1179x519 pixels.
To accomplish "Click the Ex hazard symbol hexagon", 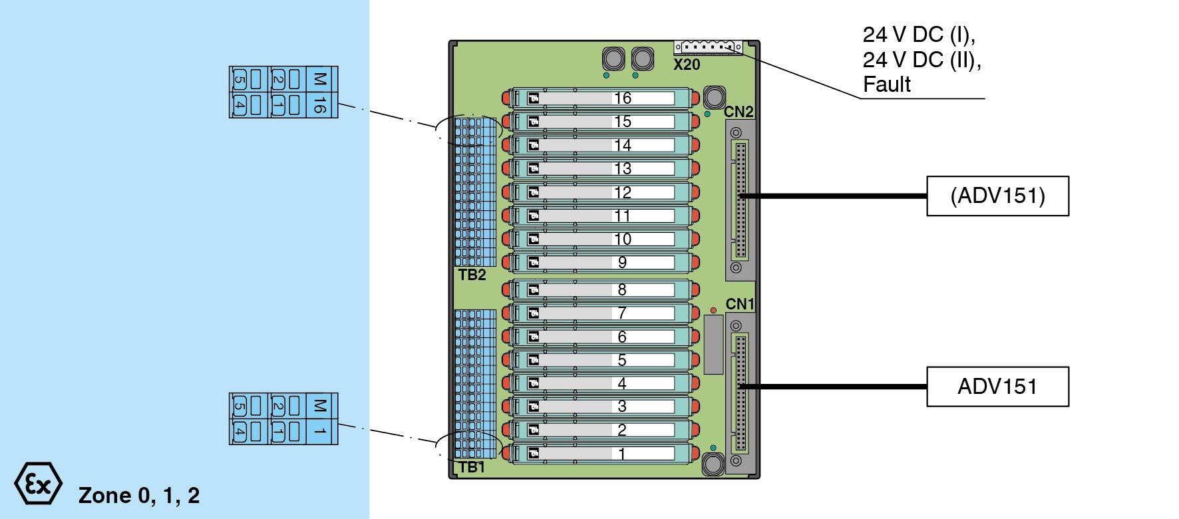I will (x=38, y=484).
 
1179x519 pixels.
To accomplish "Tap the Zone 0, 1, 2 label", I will (x=139, y=496).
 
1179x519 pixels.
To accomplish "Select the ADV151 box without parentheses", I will (x=997, y=387).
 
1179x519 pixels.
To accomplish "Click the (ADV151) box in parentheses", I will (x=997, y=196).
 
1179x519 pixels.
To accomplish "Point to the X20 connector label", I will (x=687, y=65).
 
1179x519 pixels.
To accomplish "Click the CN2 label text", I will (x=739, y=112).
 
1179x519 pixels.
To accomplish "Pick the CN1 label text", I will (x=740, y=304).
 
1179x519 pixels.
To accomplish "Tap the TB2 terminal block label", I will (x=472, y=275).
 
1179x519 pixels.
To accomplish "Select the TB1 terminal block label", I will (x=472, y=467).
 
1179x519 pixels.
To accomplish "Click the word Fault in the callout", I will (x=887, y=85).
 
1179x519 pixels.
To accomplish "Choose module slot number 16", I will (x=622, y=98).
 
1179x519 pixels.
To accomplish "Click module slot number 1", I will (x=622, y=454).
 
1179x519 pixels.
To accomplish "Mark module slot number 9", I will (x=622, y=263).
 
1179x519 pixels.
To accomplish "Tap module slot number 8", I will (x=622, y=289).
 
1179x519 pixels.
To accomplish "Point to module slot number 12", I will (x=622, y=192).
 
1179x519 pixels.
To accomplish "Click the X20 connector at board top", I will (x=708, y=47).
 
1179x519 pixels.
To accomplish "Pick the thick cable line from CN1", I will (x=832, y=387).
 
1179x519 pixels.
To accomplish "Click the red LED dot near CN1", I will (x=713, y=311).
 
